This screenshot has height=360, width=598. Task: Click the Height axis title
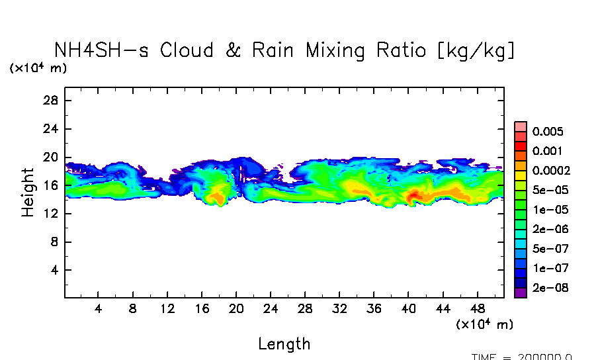(x=28, y=192)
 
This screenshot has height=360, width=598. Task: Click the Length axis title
(x=284, y=344)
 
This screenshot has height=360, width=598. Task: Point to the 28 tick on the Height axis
(x=52, y=101)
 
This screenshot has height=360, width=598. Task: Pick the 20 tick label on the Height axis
(x=52, y=157)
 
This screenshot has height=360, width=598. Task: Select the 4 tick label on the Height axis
(x=55, y=270)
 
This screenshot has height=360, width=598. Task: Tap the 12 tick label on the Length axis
(x=167, y=308)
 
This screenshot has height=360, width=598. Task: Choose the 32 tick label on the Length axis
(x=339, y=308)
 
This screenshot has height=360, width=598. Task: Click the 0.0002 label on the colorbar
(x=551, y=170)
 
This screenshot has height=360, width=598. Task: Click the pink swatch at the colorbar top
(x=521, y=126)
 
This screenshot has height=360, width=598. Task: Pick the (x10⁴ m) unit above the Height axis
(x=38, y=68)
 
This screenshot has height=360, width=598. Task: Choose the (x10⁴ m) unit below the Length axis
(x=484, y=324)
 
